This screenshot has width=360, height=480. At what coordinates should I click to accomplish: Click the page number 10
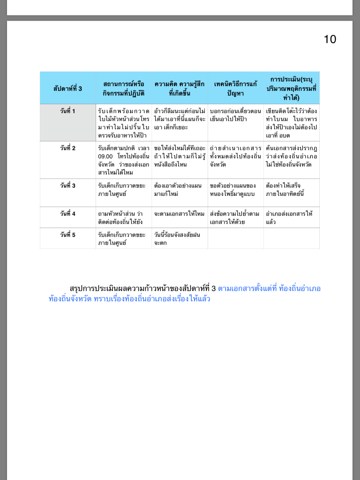click(330, 39)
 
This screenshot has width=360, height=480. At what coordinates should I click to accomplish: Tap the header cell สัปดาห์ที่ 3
click(67, 88)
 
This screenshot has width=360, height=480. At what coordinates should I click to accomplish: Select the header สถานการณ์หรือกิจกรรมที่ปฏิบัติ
click(124, 88)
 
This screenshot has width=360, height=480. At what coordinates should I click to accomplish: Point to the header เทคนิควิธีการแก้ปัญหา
click(235, 88)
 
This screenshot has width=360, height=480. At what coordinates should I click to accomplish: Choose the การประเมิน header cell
click(292, 88)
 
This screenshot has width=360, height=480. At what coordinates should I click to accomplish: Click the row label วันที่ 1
click(67, 111)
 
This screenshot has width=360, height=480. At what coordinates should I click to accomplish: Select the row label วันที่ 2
click(67, 148)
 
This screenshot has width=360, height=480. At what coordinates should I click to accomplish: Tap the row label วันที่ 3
click(67, 185)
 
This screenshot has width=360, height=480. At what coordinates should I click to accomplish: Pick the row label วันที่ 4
click(67, 213)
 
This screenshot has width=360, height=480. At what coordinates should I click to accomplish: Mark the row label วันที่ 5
click(67, 234)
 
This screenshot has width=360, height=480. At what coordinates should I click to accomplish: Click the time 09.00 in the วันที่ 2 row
click(105, 156)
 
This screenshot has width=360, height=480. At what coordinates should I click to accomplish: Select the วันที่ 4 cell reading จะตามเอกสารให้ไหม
click(179, 214)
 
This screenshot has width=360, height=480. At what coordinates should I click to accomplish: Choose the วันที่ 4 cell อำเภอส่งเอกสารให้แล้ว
click(289, 217)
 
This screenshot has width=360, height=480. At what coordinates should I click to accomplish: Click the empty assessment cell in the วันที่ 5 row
click(291, 238)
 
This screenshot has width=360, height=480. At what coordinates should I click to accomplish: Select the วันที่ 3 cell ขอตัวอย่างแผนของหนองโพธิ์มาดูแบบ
click(232, 189)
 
